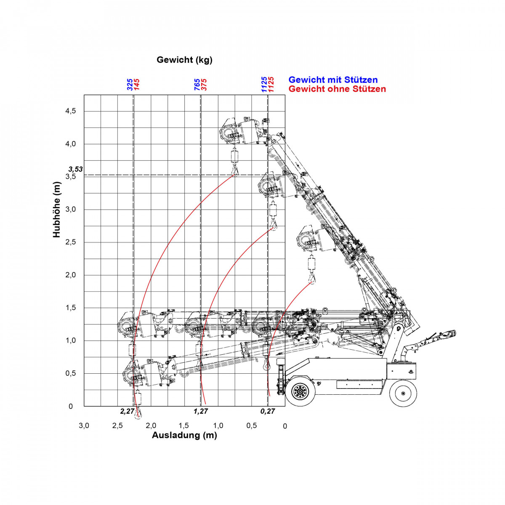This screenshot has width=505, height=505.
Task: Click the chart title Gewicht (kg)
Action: coord(184,60)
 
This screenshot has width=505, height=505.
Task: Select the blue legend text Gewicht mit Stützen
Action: coord(333,80)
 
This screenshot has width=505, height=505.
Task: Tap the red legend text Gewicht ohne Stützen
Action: coord(337,89)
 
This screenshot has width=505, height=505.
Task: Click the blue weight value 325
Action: coord(130,85)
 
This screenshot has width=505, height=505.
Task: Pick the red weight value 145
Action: coord(137,85)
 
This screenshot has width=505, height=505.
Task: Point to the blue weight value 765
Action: coord(197,85)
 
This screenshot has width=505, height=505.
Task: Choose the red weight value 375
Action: coord(204,85)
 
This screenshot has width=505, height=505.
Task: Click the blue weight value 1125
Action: coord(264,85)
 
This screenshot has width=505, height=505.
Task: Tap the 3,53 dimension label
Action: coord(75,169)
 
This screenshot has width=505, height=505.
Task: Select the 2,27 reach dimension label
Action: coord(128,411)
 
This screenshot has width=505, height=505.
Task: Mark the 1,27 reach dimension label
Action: coord(201,411)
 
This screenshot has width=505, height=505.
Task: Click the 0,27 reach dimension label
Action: coord(268,411)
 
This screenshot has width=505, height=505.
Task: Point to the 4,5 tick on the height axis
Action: coord(71,111)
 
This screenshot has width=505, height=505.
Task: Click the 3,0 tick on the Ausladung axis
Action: coord(84,426)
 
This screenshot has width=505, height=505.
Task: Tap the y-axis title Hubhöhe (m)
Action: coord(57,210)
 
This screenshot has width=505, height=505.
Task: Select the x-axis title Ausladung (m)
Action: coord(184,435)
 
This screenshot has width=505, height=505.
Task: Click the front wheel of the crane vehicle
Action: coord(300,392)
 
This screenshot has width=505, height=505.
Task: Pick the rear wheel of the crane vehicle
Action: coord(403,393)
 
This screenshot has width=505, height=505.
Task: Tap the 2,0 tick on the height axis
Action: coord(71,275)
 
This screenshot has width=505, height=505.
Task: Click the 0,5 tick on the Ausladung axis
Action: coord(252,426)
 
